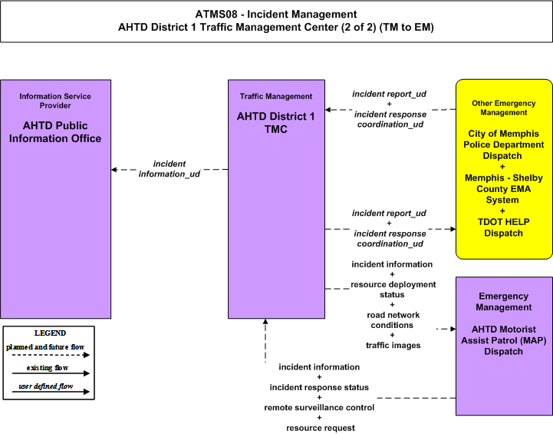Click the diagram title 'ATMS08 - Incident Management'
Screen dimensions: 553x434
(x=276, y=15)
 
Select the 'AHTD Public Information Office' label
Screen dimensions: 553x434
(x=55, y=132)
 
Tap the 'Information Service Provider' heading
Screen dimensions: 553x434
(x=55, y=101)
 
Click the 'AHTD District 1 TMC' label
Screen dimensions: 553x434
(x=276, y=123)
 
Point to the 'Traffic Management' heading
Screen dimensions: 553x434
(x=276, y=97)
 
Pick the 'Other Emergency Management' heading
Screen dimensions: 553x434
(x=504, y=108)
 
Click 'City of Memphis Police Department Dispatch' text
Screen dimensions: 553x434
(x=504, y=144)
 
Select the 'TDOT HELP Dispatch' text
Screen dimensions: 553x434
(x=504, y=227)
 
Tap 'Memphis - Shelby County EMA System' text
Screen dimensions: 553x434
(x=504, y=189)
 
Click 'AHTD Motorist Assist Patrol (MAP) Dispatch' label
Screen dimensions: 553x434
(x=504, y=340)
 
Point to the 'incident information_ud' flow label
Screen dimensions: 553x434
(x=170, y=169)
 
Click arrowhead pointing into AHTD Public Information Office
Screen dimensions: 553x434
(x=114, y=170)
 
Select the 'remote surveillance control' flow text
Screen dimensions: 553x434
(x=319, y=408)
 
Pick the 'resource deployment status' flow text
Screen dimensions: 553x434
(x=393, y=290)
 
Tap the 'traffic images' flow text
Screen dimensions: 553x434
(x=393, y=346)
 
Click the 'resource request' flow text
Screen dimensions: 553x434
(x=321, y=428)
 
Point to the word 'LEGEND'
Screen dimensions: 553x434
(x=50, y=333)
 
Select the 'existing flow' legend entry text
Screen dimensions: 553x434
(x=48, y=368)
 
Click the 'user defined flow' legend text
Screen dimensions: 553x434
(x=46, y=386)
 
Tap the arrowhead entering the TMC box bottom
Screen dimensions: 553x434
(x=265, y=321)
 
